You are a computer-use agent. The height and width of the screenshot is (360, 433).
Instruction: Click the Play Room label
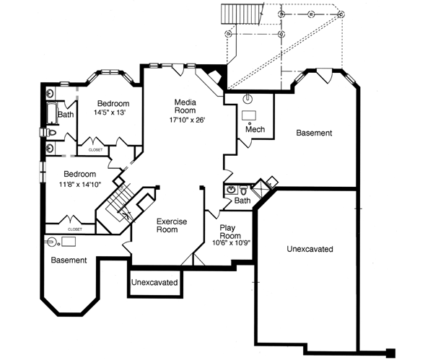pyautogui.click(x=230, y=232)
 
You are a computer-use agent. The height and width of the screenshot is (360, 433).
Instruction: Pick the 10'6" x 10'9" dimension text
pyautogui.click(x=230, y=244)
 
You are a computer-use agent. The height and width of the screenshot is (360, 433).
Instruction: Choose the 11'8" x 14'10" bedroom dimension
pyautogui.click(x=80, y=184)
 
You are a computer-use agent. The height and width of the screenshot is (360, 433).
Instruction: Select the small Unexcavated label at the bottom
pyautogui.click(x=154, y=282)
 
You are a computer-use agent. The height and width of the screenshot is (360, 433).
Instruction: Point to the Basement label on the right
pyautogui.click(x=313, y=133)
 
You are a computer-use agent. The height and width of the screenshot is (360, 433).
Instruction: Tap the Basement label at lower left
pyautogui.click(x=69, y=260)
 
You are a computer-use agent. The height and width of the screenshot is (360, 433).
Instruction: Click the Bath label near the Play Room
pyautogui.click(x=242, y=200)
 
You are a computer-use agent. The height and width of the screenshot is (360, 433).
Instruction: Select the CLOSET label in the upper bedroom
pyautogui.click(x=95, y=149)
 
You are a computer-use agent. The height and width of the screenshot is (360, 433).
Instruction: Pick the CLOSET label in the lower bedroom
pyautogui.click(x=74, y=229)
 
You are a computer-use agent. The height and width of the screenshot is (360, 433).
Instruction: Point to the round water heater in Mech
pyautogui.click(x=249, y=99)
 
